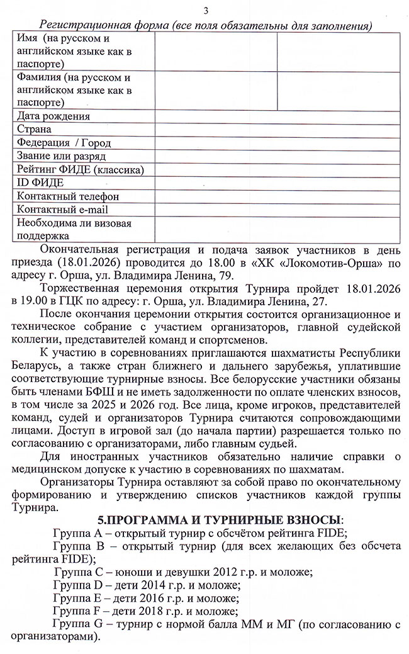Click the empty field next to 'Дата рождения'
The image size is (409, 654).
pos(277,116)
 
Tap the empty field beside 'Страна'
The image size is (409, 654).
pos(277,130)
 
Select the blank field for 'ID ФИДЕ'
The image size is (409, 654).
pos(277,183)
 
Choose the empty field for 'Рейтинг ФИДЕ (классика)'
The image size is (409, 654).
pos(277,170)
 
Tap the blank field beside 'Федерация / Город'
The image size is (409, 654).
pos(277,143)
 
